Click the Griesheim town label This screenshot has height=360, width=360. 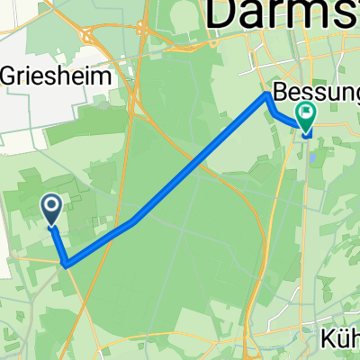point(61,76)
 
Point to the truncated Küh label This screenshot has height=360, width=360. point(339,340)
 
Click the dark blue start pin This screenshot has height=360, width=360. point(52,211)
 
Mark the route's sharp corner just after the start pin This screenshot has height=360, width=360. point(66,264)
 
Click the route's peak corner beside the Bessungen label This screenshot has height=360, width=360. point(267,95)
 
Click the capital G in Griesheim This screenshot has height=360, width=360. point(13,76)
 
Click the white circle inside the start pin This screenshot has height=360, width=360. point(52,208)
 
